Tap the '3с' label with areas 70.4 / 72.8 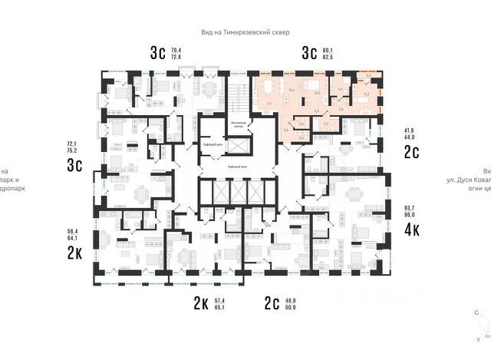[158, 53]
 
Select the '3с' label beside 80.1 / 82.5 [309, 53]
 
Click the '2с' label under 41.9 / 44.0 [411, 151]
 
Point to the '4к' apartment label [411, 227]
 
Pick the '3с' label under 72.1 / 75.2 [75, 166]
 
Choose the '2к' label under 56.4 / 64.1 [75, 253]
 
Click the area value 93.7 [409, 208]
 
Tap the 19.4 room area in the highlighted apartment [292, 90]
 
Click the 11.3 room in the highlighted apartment [365, 94]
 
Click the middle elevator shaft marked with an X [239, 192]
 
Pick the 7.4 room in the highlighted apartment [269, 103]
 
